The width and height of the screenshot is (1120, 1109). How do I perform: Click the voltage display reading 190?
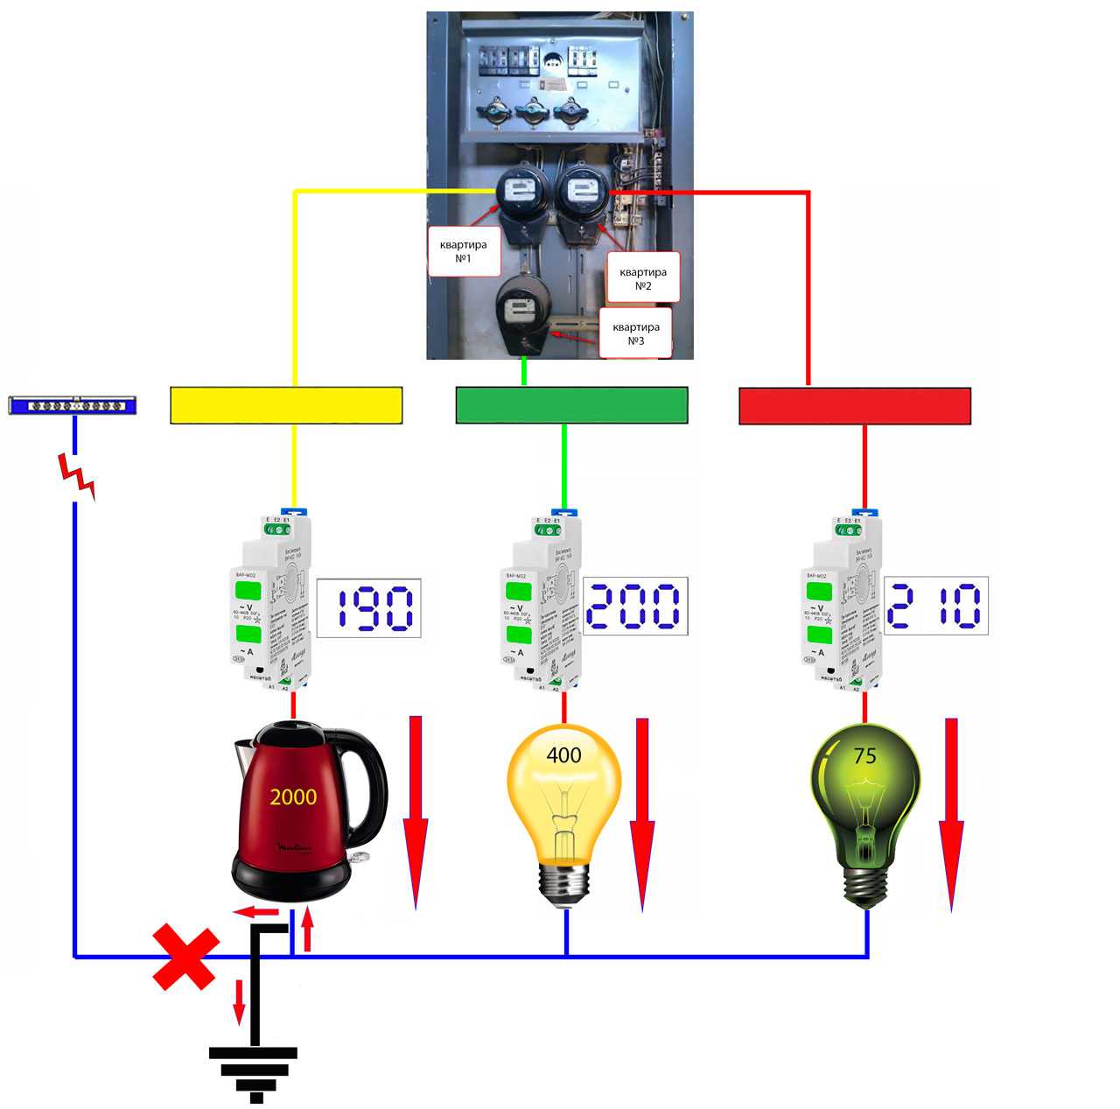368,607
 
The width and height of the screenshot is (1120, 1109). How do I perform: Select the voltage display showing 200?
634,607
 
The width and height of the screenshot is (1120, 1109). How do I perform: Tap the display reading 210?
935,606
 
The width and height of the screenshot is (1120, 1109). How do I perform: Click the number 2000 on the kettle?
293,797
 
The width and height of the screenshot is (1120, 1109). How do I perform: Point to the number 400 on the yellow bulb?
563,755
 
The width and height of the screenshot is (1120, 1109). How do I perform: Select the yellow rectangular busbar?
286,406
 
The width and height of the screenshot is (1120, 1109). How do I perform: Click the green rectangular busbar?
571,406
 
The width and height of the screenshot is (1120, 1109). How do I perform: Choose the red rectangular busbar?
855,406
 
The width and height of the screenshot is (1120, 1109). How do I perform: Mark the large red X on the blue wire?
185,958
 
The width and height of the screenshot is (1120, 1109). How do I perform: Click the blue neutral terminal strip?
72,405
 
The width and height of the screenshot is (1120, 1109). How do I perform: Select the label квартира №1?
463,251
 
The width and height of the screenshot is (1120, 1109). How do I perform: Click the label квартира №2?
643,278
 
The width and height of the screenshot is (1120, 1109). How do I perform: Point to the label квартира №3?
635,333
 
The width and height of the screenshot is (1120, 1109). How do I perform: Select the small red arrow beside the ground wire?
239,1001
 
